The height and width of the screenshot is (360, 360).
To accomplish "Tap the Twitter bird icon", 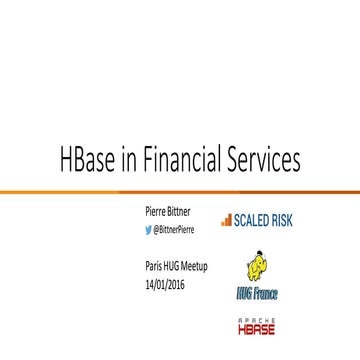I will pyautogui.click(x=149, y=229).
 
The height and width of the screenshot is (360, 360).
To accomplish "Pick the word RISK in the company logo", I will pyautogui.click(x=281, y=218).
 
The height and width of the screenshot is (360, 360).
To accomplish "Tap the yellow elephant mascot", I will pyautogui.click(x=256, y=267).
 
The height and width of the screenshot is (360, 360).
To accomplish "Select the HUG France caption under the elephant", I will pyautogui.click(x=257, y=294).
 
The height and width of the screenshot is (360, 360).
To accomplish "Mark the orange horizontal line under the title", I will pyautogui.click(x=180, y=190).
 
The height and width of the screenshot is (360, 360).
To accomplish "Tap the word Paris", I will pyautogui.click(x=152, y=265).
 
